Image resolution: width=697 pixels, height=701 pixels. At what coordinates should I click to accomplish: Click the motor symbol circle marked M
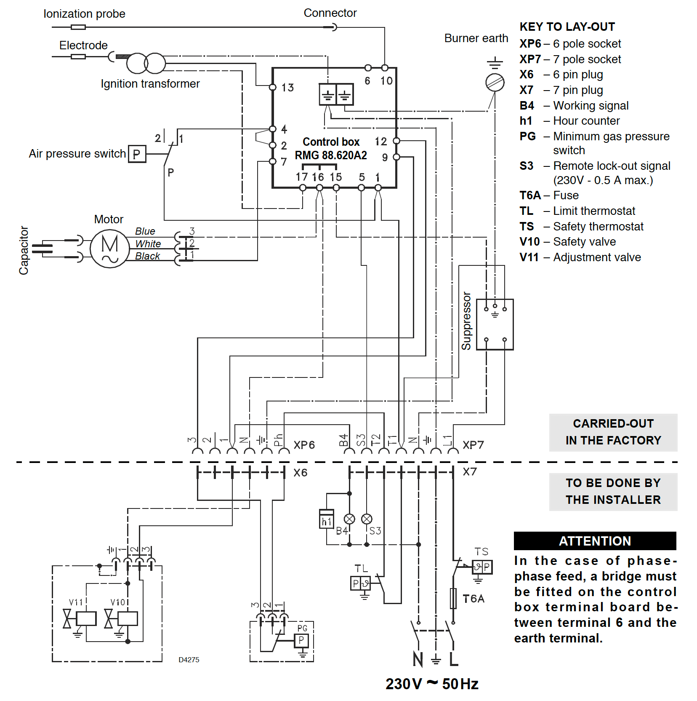coord(109,249)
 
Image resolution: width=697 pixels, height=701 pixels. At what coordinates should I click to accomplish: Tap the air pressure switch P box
coord(137,154)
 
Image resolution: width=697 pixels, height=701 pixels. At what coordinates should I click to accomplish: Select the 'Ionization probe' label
coord(84,14)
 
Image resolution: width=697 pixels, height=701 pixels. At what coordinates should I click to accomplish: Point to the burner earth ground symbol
coord(495,64)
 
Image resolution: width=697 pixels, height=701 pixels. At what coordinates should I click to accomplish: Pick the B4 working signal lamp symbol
coord(349,519)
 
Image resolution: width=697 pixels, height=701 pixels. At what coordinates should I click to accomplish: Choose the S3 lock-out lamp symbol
coord(367,519)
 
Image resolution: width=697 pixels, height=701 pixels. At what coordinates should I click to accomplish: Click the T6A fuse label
coord(474,599)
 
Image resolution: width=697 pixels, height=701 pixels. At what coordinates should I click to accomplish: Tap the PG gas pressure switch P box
coord(301,641)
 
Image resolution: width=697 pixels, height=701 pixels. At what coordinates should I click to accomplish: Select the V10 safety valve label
coord(118,602)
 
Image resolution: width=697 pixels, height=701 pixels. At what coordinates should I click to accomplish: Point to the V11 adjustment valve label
coord(76,602)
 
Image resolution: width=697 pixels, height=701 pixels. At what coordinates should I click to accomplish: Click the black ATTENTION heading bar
coord(595,541)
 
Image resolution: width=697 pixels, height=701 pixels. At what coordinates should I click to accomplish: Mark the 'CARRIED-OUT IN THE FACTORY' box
coord(613,432)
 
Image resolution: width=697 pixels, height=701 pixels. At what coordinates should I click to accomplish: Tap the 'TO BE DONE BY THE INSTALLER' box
coord(613,492)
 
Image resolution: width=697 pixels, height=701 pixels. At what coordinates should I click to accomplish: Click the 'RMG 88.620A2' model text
coord(331,155)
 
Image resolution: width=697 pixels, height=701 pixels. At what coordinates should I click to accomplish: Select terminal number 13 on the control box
coord(287,88)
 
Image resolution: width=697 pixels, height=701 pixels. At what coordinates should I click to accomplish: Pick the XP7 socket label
coord(473,445)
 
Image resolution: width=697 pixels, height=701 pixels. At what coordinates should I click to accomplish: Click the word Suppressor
coord(466,321)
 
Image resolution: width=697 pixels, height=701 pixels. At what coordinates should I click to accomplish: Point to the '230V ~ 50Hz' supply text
coord(432,684)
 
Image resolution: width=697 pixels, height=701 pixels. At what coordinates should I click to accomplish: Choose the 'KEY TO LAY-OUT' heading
coord(567,27)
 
